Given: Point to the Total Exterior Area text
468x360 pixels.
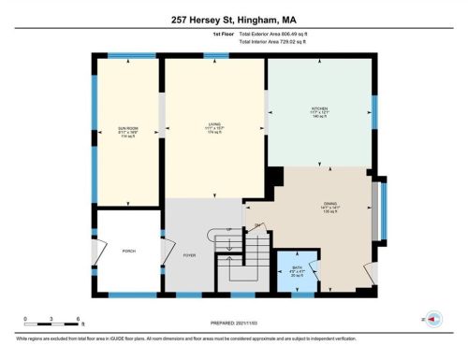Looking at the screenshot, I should pyautogui.click(x=279, y=34).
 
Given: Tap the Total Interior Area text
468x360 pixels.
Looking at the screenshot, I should pyautogui.click(x=278, y=42).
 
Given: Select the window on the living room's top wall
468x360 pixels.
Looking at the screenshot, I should pyautogui.click(x=215, y=57).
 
